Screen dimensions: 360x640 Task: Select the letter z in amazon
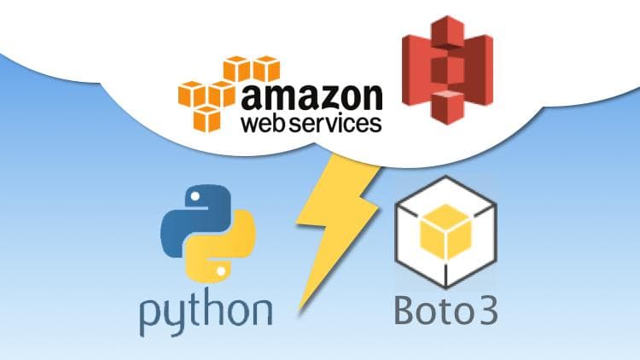click(318, 97)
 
